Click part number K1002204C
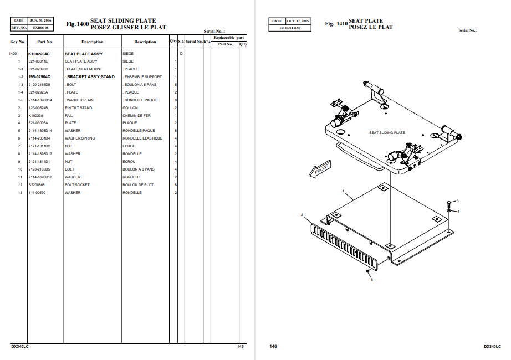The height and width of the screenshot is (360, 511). coord(39,54)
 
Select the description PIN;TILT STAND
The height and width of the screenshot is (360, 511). coord(79,108)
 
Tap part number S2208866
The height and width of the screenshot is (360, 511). coord(37,185)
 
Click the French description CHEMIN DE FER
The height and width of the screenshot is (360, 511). coord(136,116)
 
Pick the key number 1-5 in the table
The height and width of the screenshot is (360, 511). coord(20,100)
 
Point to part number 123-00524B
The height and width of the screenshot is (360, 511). coord(38,108)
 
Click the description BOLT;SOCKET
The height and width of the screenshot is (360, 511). coord(77,185)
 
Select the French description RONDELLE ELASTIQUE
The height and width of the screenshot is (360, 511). coord(142,138)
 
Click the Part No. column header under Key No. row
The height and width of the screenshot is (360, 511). coord(45,42)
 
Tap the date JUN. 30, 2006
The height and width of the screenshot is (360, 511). coord(42,20)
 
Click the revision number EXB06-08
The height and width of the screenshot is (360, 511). coord(41,27)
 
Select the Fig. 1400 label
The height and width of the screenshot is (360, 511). coord(77,24)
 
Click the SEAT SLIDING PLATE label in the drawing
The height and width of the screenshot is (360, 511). coord(387,133)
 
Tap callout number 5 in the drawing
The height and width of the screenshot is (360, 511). coord(371,280)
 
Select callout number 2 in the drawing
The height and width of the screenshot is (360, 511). coord(302,214)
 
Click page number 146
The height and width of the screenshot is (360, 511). coord(273,347)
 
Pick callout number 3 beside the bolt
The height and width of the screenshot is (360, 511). coord(457,200)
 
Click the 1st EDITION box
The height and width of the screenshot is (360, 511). coord(289,27)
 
